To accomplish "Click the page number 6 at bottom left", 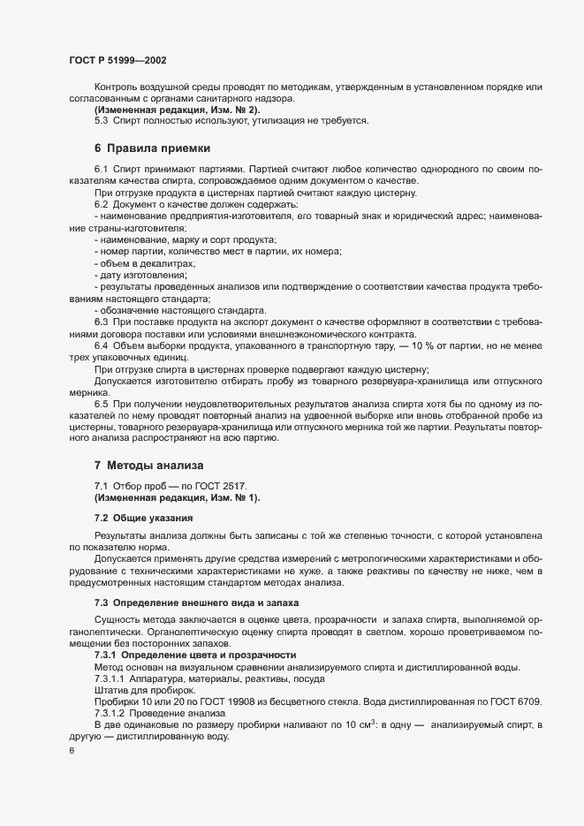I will click(72, 751).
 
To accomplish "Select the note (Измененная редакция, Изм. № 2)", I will click(153, 110).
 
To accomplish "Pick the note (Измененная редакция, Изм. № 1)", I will click(153, 497).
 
